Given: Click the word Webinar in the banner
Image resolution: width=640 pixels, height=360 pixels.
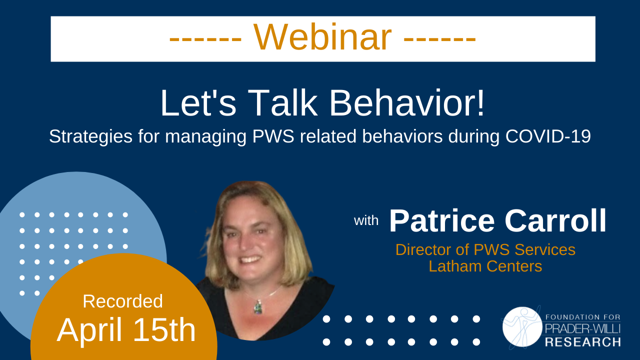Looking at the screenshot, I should [322, 38].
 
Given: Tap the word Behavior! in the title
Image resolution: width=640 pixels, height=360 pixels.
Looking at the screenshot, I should [406, 103].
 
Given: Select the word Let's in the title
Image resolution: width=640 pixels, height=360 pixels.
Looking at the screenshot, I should [198, 103].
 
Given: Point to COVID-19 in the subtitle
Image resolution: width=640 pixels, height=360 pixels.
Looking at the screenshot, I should [548, 137].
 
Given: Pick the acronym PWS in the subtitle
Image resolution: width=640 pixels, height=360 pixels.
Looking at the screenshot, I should [272, 137].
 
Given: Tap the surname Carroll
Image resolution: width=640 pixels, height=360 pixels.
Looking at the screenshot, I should [555, 221].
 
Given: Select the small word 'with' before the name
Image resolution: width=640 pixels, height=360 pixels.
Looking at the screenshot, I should [366, 220].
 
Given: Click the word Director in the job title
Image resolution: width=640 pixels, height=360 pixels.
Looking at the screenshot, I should [427, 249].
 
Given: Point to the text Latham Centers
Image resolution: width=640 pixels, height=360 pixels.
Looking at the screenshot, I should [485, 266].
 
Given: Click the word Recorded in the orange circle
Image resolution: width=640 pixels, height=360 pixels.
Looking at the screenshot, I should [122, 301].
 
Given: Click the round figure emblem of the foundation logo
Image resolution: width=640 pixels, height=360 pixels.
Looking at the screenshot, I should [521, 326].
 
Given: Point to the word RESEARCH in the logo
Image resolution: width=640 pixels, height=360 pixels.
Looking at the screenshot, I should [582, 342].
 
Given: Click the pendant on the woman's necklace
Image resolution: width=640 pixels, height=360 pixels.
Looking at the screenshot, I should [258, 306].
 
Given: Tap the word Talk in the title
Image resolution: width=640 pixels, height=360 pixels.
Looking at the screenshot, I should [282, 103].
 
